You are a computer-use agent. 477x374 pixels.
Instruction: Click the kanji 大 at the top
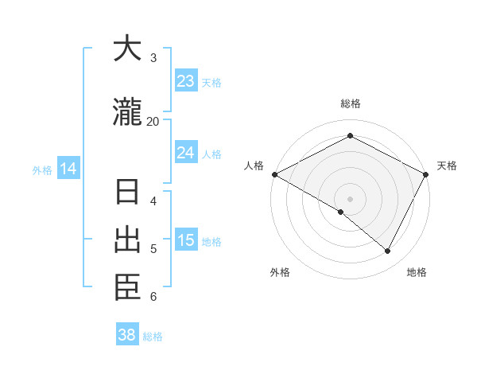pos(127,49)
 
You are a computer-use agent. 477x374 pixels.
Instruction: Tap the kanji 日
pos(127,193)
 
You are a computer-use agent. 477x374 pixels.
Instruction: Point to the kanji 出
pos(127,240)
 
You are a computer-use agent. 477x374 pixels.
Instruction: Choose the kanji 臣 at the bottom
pos(127,288)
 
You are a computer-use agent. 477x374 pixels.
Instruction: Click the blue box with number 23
pos(185,81)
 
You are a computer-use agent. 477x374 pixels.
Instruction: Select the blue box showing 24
pos(185,153)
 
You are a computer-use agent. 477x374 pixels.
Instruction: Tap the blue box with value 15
pos(185,240)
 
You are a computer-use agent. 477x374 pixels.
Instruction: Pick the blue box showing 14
pos(68,169)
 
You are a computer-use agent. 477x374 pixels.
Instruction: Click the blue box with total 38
pos(126,335)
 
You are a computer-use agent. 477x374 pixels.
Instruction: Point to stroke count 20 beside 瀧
pos(153,121)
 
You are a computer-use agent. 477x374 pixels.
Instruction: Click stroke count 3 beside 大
pos(153,58)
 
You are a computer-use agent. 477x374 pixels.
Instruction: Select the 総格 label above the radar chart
pos(350,103)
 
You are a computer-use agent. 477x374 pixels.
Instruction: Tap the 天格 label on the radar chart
pos(447,166)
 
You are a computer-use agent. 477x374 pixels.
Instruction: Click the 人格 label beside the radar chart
pos(254,166)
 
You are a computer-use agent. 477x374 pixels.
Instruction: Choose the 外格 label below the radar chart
pos(280,272)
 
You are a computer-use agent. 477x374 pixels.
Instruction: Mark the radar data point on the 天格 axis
pos(426,174)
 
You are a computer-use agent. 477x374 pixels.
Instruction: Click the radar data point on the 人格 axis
pos(274,174)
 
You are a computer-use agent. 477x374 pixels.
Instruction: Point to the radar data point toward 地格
pos(388,251)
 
